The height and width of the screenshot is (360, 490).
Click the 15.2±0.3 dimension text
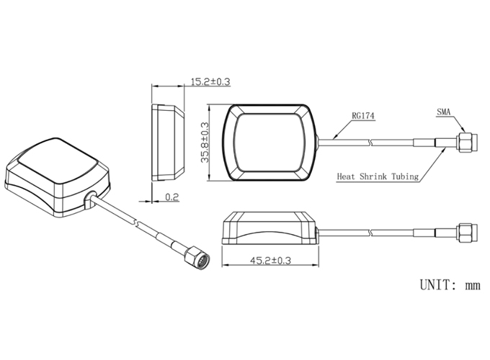210,82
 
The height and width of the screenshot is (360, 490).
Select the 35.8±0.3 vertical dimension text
205,143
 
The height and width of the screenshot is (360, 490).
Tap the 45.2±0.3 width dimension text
271,260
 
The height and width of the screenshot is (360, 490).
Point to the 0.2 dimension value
171,197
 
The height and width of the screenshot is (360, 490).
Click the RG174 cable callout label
362,115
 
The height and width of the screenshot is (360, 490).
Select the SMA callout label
444,112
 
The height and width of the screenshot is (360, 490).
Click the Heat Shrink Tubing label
378,176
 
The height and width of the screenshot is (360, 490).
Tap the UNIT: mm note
450,284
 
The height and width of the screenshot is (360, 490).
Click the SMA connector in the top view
466,142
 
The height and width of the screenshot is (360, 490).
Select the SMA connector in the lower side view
466,233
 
